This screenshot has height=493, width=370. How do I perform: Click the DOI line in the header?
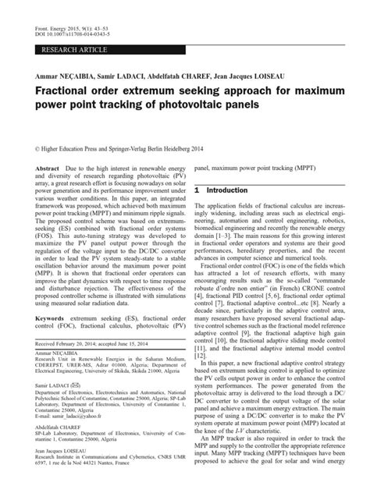(62, 22)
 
